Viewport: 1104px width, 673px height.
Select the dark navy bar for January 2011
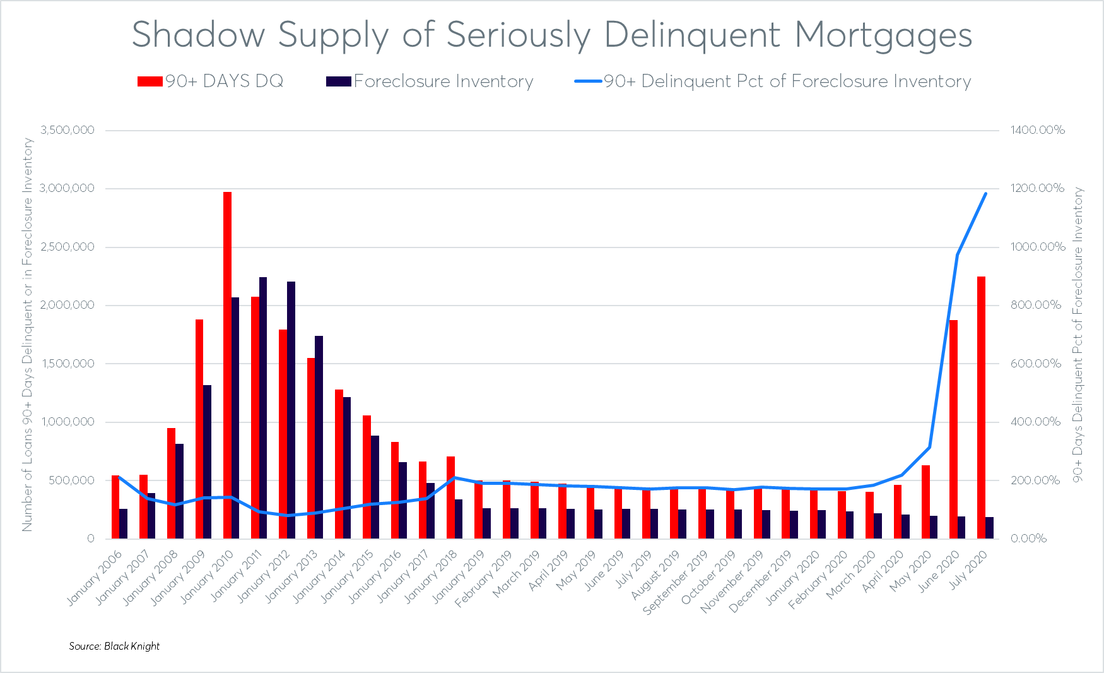tap(263, 408)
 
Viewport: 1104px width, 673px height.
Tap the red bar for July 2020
tap(981, 407)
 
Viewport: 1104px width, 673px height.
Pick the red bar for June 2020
tap(953, 429)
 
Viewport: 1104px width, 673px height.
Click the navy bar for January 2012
tap(291, 410)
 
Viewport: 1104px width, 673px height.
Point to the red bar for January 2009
tap(199, 429)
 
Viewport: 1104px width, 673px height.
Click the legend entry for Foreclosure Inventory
tap(430, 81)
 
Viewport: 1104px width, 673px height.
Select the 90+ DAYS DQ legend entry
tap(211, 81)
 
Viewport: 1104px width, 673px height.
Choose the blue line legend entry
tap(773, 81)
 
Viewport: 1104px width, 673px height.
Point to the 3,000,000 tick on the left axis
tap(68, 188)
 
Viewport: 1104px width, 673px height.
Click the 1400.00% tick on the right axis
tap(1037, 130)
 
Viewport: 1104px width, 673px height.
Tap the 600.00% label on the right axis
tap(1035, 364)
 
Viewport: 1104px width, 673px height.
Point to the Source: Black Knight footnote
tap(114, 646)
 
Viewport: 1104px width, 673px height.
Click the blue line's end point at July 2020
tap(985, 193)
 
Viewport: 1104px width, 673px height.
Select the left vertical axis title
tap(27, 335)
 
